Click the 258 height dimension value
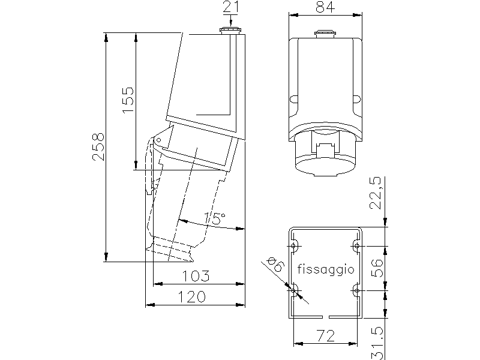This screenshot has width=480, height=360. point(98,146)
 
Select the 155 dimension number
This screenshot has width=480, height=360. point(128,100)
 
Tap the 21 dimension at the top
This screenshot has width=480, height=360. point(231,7)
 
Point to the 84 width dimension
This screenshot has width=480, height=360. point(325,7)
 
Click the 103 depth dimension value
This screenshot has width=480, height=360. point(196,276)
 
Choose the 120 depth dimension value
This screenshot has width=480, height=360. point(192,296)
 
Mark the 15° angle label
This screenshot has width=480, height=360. point(215,218)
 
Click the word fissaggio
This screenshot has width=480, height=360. point(326,269)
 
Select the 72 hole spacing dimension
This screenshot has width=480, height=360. point(325,336)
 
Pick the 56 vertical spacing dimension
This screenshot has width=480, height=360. point(377,268)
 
